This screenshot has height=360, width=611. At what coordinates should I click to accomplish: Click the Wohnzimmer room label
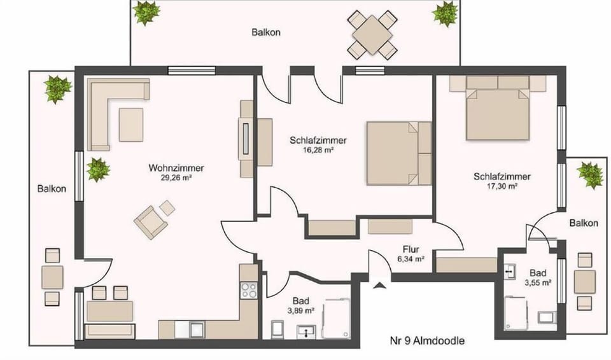[176, 168]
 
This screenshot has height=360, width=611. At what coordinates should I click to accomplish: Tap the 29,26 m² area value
[176, 179]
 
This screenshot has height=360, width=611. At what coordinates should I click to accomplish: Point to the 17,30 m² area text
[502, 186]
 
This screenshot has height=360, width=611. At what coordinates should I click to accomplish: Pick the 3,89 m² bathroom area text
[301, 310]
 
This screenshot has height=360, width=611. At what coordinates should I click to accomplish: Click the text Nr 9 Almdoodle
[427, 340]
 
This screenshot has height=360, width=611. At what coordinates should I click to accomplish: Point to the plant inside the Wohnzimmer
[98, 170]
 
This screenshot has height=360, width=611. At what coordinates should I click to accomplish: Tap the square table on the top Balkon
[372, 34]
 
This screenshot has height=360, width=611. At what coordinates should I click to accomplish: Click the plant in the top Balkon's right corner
[445, 13]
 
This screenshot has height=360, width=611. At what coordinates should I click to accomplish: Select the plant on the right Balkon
[590, 174]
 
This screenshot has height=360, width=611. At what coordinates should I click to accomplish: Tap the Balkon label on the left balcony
[50, 189]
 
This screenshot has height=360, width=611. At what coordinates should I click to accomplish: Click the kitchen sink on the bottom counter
[197, 329]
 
